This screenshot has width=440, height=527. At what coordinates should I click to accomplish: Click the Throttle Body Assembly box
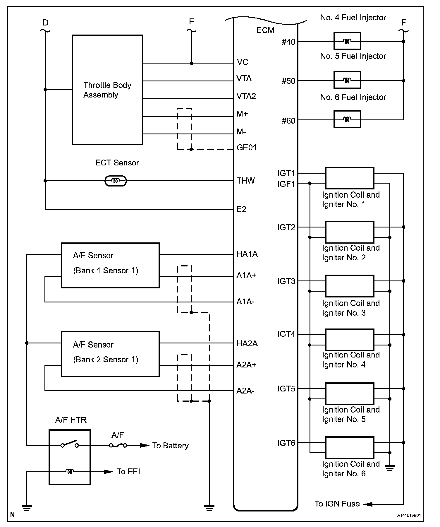tap(107, 90)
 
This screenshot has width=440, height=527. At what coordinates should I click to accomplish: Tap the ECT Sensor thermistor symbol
tap(116, 181)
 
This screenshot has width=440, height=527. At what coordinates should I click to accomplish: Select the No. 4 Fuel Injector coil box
tap(347, 41)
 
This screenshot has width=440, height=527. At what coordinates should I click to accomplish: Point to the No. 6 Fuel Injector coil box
tap(347, 119)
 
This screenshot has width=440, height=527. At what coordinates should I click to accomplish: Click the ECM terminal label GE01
tap(246, 148)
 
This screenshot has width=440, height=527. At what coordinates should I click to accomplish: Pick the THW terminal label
tap(245, 181)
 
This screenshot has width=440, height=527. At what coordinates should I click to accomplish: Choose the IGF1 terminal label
tap(286, 184)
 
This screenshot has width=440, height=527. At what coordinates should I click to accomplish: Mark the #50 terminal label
tap(288, 81)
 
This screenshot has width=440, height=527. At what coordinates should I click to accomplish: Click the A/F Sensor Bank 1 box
tap(110, 265)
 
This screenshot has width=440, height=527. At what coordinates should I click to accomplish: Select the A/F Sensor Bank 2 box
tap(110, 354)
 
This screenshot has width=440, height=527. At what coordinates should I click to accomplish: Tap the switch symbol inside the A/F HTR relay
tap(70, 445)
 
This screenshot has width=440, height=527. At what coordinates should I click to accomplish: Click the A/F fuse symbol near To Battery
tap(118, 446)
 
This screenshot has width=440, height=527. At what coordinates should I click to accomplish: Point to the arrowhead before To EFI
tap(109, 472)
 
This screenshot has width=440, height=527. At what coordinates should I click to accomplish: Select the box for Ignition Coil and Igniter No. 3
tap(350, 286)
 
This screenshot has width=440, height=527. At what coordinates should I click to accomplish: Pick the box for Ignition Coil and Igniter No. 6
tap(350, 448)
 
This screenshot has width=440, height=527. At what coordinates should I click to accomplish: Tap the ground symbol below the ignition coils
tap(390, 468)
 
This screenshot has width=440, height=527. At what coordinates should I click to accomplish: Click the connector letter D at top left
tap(46, 23)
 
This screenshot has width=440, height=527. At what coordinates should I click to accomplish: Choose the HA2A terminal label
tap(247, 343)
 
